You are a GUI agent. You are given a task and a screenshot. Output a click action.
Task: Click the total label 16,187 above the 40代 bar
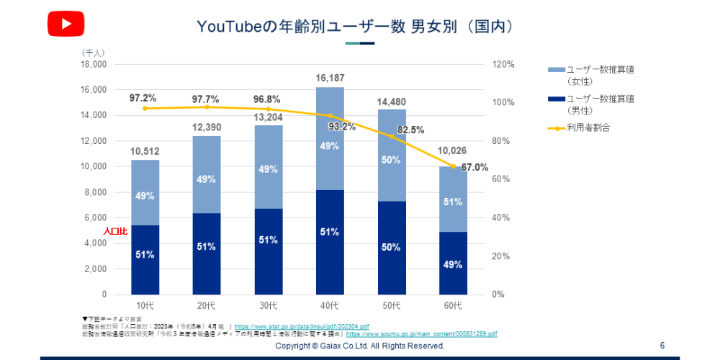pyautogui.click(x=330, y=77)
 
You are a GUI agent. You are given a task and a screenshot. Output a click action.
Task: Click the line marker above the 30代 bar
pyautogui.click(x=268, y=109)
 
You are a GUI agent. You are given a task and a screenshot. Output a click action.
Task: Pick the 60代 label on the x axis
pyautogui.click(x=453, y=307)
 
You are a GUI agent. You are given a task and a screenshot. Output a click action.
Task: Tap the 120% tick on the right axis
pyautogui.click(x=504, y=64)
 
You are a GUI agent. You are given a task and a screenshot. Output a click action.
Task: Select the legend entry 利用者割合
pyautogui.click(x=588, y=127)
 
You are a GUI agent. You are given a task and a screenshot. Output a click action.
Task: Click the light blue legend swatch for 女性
pyautogui.click(x=556, y=70)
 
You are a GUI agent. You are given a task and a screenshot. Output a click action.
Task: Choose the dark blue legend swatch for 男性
pyautogui.click(x=556, y=99)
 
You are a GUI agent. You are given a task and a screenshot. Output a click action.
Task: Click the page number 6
pyautogui.click(x=662, y=346)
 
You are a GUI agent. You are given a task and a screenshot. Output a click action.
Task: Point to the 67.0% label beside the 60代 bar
pyautogui.click(x=475, y=167)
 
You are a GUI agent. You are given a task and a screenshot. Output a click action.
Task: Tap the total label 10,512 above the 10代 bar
pyautogui.click(x=145, y=151)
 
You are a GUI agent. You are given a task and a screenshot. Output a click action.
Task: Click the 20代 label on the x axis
pyautogui.click(x=206, y=307)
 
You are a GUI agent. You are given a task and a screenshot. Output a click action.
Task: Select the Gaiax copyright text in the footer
pyautogui.click(x=360, y=346)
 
